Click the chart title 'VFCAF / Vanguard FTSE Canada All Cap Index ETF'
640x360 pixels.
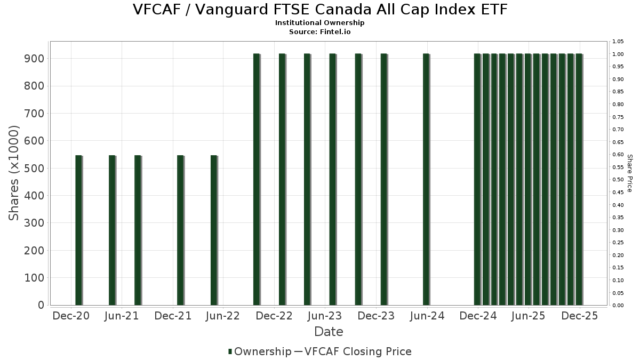click(320, 10)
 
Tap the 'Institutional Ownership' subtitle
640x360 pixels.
click(320, 23)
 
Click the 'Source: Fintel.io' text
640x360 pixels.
click(320, 32)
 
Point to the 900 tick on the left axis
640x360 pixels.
click(34, 58)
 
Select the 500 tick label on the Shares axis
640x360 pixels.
click(34, 168)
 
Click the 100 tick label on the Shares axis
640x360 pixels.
click(34, 278)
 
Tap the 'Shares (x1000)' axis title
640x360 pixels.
click(14, 173)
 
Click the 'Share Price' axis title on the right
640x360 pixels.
click(629, 173)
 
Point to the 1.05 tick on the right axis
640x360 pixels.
click(618, 42)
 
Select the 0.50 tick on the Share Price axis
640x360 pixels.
click(618, 180)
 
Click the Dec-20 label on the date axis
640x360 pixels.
click(71, 316)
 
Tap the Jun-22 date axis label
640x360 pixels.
click(223, 316)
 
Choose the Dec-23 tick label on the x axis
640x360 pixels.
click(376, 316)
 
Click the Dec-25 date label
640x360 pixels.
click(580, 316)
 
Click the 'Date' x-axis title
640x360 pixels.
click(329, 332)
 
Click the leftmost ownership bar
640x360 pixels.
click(78, 230)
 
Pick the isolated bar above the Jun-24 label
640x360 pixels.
click(426, 179)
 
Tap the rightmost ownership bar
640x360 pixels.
click(579, 179)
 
